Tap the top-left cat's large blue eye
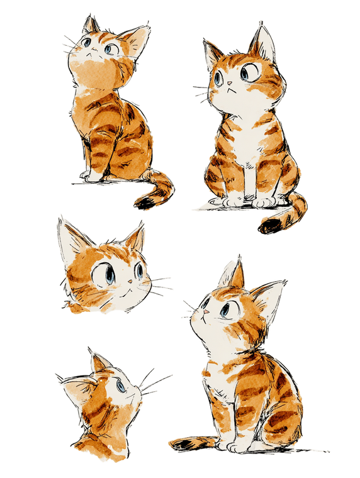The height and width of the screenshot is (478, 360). (110, 48)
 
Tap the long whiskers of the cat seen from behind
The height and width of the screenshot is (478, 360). (154, 381)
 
